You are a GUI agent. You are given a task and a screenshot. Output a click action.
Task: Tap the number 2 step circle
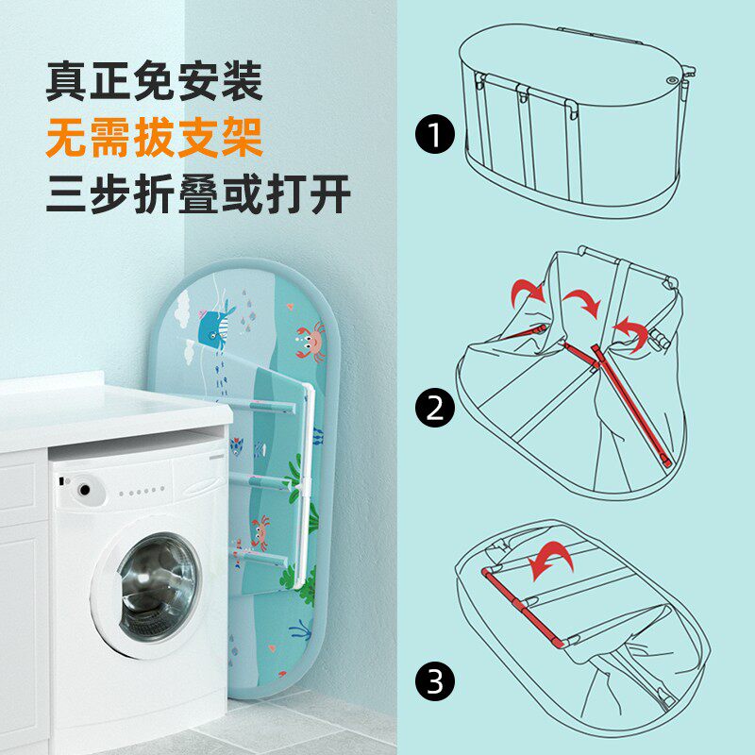click(x=434, y=408)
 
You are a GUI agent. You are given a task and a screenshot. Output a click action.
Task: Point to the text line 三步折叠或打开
click(x=198, y=197)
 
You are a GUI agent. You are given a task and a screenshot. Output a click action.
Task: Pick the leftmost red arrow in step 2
click(x=527, y=293)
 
